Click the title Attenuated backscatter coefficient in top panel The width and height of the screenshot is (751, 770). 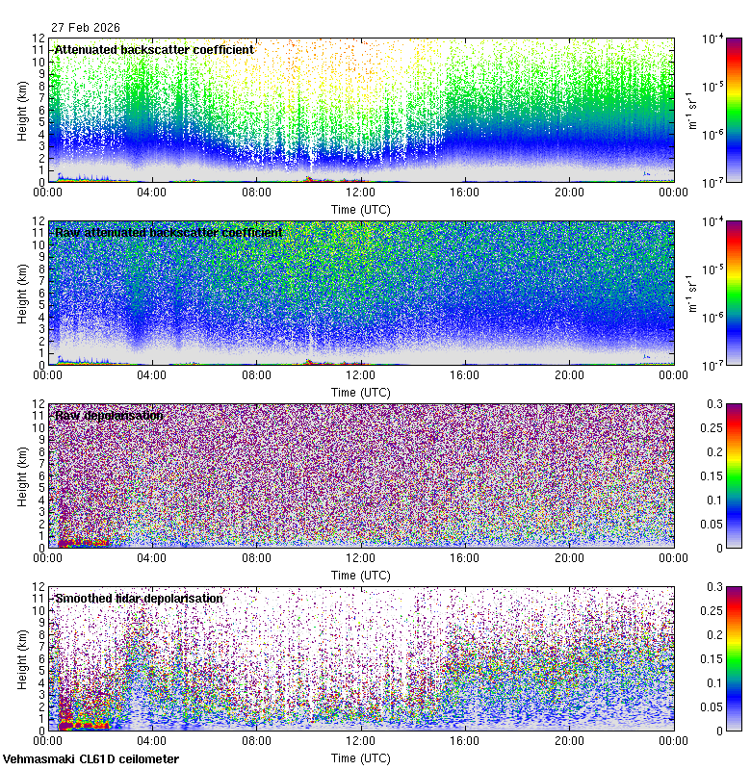[x=154, y=50]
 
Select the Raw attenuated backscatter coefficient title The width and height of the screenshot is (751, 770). [x=168, y=233]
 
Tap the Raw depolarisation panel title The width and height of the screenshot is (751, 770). [x=108, y=416]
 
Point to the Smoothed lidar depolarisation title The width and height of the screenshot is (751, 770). [x=139, y=599]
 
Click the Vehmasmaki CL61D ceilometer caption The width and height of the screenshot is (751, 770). [x=91, y=759]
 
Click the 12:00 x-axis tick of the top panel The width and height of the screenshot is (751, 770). [x=361, y=192]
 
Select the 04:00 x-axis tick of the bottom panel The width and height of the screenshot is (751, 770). [x=152, y=740]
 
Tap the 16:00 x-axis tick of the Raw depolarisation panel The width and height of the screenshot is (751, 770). [x=465, y=557]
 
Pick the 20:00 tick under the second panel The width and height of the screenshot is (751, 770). [x=569, y=374]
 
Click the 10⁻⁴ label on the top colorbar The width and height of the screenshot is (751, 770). [x=713, y=38]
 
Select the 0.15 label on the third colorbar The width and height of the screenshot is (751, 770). [x=715, y=476]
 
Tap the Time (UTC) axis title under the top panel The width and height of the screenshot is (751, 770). [x=360, y=209]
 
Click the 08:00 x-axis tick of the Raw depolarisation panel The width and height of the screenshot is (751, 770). [x=256, y=557]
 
